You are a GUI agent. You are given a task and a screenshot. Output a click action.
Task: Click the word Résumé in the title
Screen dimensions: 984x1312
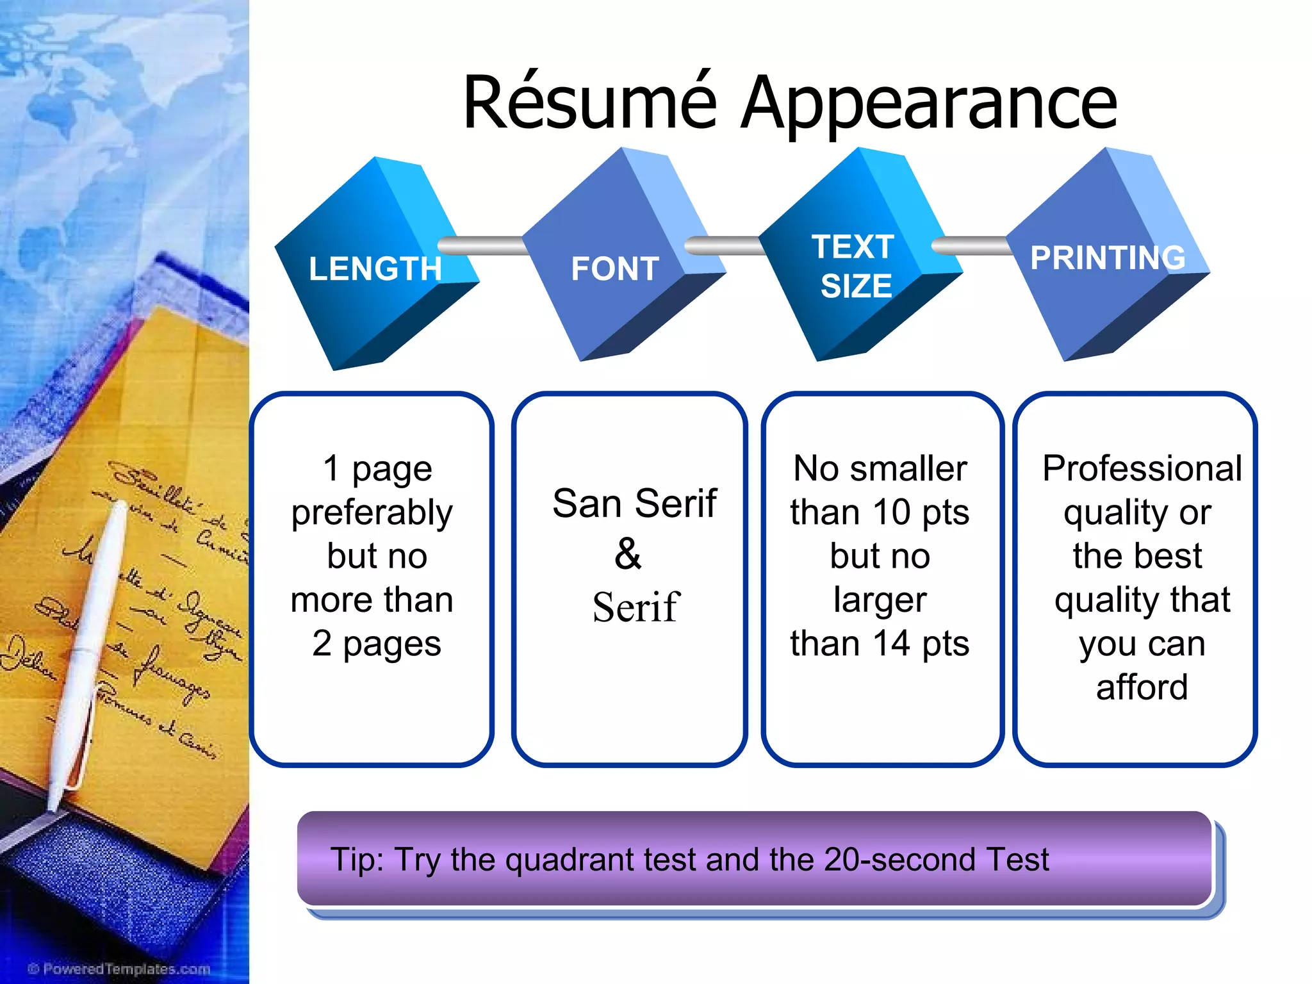point(589,102)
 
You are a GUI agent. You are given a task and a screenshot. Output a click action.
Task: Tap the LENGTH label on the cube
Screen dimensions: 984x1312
point(375,268)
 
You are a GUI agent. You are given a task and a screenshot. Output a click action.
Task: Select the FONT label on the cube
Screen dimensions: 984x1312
point(615,268)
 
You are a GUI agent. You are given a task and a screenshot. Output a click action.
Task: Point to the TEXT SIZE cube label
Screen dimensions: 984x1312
point(855,266)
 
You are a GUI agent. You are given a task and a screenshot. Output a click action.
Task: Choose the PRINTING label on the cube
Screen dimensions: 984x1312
point(1108,258)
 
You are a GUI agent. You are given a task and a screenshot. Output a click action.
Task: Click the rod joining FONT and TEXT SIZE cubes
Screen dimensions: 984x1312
point(724,245)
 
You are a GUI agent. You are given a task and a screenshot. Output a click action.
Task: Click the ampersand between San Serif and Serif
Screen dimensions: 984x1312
point(628,554)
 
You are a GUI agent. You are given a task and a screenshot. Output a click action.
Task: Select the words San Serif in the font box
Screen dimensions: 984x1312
point(634,503)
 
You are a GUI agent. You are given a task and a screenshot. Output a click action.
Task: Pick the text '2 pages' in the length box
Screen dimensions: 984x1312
point(377,643)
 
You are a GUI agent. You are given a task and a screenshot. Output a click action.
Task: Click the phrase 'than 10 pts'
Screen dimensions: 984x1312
point(880,512)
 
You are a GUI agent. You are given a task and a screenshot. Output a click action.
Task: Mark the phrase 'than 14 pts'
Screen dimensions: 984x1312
point(880,643)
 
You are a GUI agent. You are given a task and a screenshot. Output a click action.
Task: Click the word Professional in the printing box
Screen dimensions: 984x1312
point(1142,468)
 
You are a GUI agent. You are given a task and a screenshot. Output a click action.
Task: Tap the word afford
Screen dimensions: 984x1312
point(1142,687)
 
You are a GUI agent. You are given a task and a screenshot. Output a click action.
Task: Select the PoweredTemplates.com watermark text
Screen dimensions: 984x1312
point(120,969)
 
